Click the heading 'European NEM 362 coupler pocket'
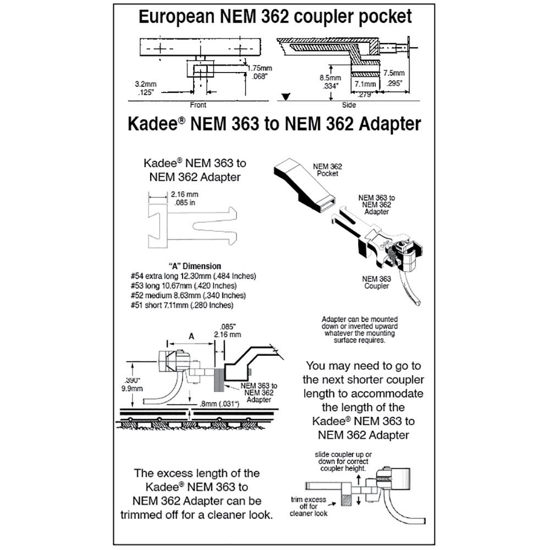pyautogui.click(x=274, y=16)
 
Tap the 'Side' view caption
pyautogui.click(x=348, y=105)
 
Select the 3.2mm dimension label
pyautogui.click(x=146, y=89)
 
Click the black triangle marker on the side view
pyautogui.click(x=284, y=97)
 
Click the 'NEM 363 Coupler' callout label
pyautogui.click(x=376, y=282)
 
